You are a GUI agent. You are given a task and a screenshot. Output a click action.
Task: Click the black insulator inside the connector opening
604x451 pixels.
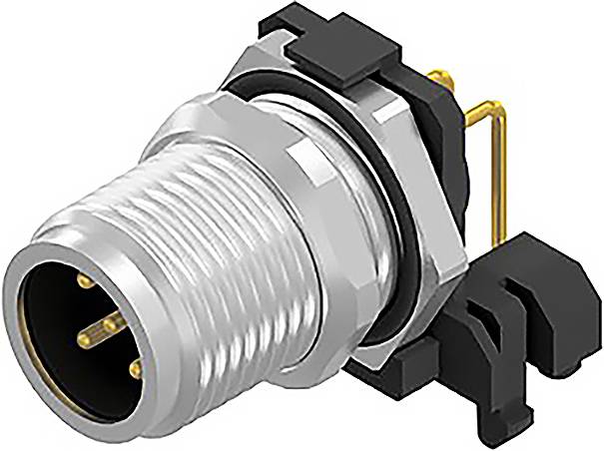[60, 329]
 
